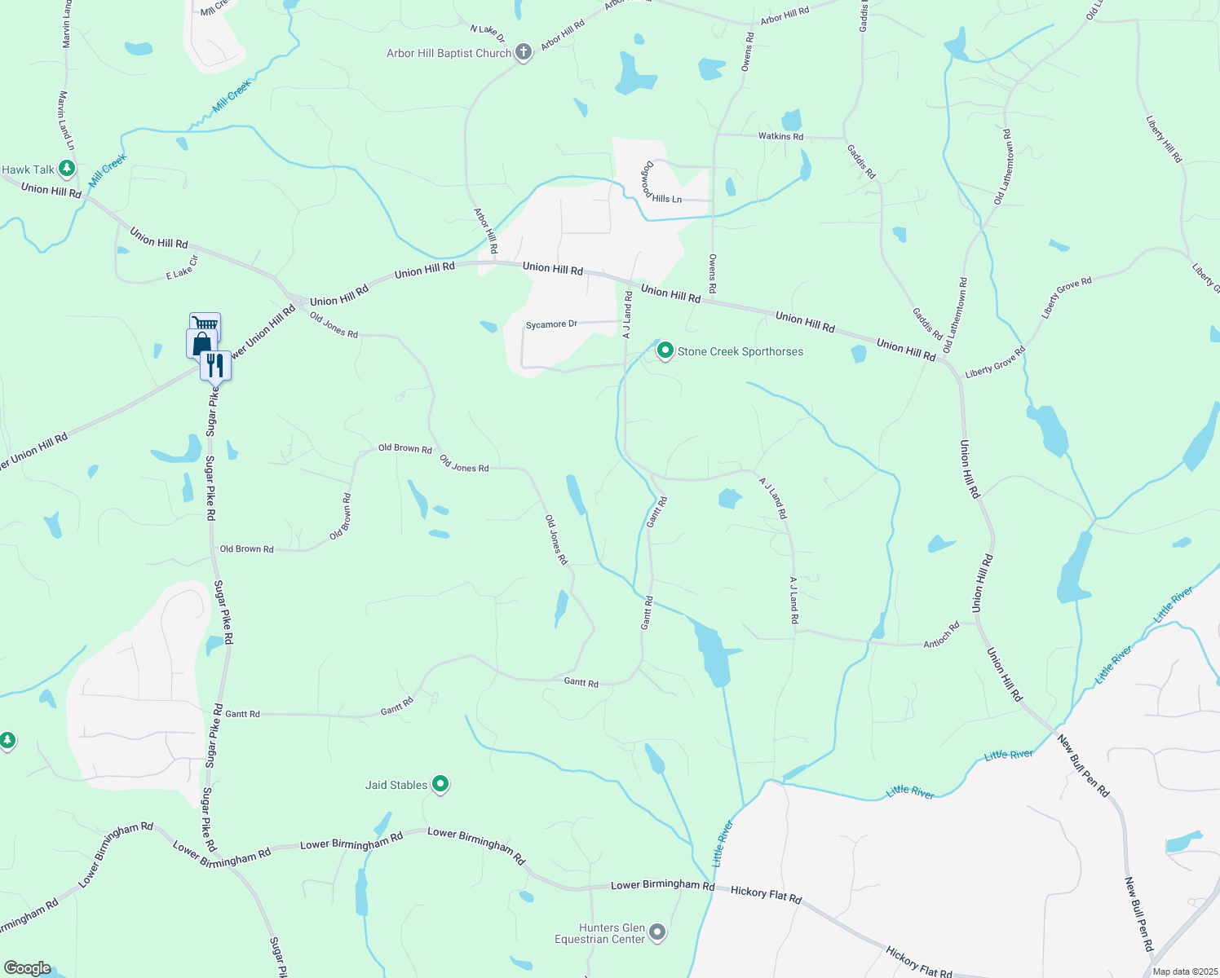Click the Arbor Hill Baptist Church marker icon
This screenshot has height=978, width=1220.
click(524, 53)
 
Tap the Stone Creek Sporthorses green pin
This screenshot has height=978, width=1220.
click(665, 351)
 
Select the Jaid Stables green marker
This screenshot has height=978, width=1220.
click(440, 784)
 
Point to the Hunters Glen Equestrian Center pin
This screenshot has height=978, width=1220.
click(658, 932)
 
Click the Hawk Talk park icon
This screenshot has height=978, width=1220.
click(67, 170)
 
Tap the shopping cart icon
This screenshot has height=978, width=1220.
click(206, 324)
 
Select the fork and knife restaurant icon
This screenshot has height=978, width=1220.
click(215, 364)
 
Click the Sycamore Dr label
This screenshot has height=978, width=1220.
click(551, 324)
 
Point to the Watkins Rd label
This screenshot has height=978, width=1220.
click(780, 136)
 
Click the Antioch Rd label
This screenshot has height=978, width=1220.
click(941, 636)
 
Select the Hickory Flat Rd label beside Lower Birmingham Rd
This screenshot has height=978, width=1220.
click(766, 894)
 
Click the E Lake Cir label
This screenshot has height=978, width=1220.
click(182, 271)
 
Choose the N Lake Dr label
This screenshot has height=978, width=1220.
click(488, 33)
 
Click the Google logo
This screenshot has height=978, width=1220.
click(27, 968)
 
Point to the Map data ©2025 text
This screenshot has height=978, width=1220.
click(1183, 971)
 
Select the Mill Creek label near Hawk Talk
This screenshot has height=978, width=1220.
click(108, 170)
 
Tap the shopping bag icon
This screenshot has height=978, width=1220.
click(201, 343)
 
